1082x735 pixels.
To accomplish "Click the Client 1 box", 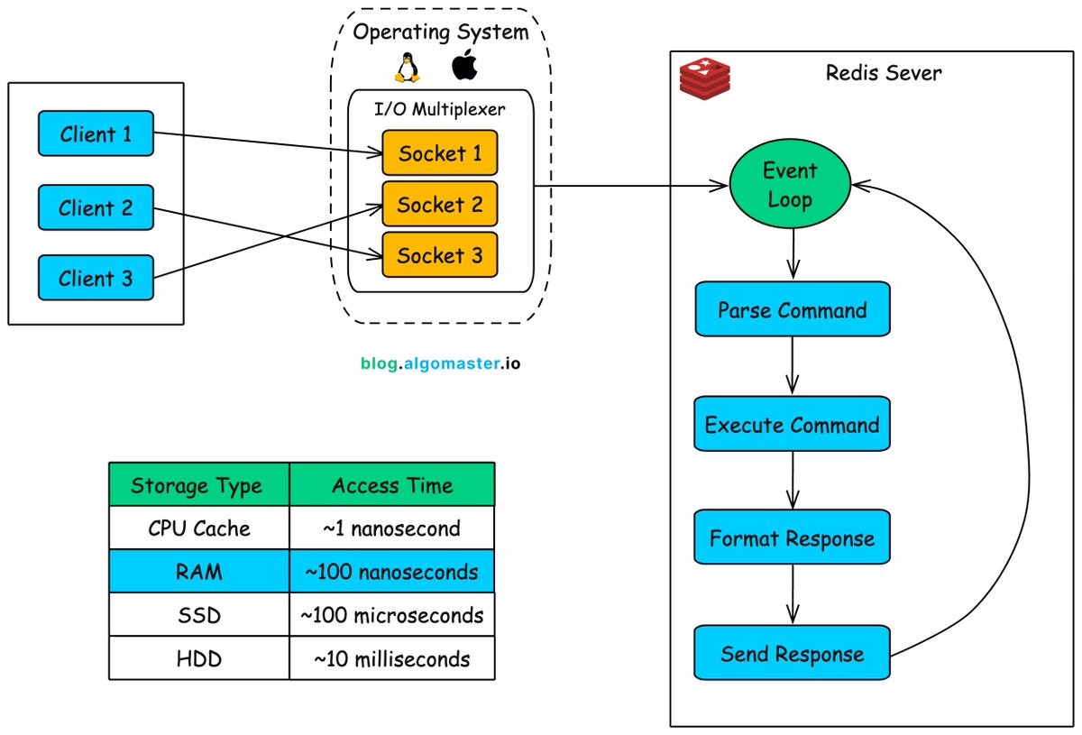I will [x=96, y=133].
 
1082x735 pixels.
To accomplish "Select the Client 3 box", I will [x=96, y=278].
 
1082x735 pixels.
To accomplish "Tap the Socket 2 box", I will [x=440, y=204].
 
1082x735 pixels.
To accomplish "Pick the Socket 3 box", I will [x=440, y=255].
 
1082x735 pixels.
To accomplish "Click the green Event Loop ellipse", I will [x=790, y=185].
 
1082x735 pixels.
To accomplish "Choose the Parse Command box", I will [x=792, y=310].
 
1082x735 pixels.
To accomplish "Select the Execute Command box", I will [x=792, y=425].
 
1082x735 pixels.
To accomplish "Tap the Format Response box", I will [x=792, y=539].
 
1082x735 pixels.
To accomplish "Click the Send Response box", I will [x=792, y=654].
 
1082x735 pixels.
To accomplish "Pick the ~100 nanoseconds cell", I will [x=392, y=572].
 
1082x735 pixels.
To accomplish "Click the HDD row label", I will [x=198, y=659].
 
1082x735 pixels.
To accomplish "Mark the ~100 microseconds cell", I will [x=392, y=615].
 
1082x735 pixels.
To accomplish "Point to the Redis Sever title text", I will [x=883, y=73].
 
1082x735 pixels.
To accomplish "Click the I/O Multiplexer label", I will [x=440, y=110].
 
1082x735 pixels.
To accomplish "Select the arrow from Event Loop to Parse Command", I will [x=793, y=253].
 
